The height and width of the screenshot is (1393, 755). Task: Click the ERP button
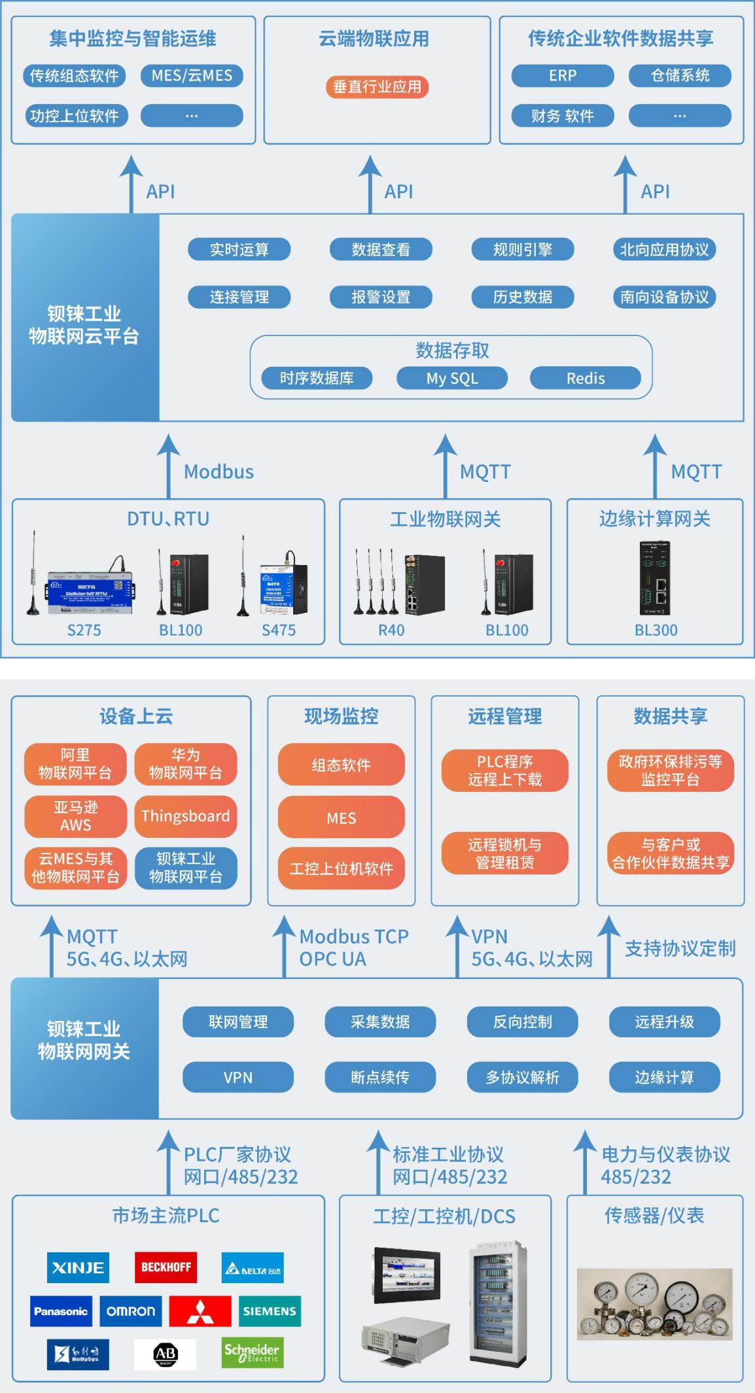pos(562,75)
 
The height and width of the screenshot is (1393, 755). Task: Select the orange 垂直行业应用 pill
pos(377,86)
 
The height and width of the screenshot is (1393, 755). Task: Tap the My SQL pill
pos(452,378)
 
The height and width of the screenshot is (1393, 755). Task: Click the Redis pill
pos(585,378)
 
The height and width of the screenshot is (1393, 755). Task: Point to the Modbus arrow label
pos(219,472)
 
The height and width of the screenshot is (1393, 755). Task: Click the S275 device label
pos(84,630)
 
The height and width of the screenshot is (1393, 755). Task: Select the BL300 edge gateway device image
pos(655,578)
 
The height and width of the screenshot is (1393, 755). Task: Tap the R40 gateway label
pos(391,630)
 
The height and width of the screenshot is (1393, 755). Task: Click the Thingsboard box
pos(185,816)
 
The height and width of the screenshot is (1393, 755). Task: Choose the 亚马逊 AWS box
pos(75,816)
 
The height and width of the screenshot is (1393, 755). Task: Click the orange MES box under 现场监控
pos(341,817)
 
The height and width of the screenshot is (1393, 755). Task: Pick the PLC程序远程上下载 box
pos(504,770)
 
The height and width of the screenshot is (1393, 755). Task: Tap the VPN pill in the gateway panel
pos(237,1077)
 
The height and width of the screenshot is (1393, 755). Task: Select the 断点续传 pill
pos(379,1077)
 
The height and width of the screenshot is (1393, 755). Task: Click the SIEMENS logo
pos(270,1311)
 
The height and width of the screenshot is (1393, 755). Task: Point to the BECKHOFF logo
pos(166,1267)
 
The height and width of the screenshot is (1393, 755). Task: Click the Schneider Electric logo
pos(251,1353)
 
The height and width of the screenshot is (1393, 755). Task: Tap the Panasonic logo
pos(61,1311)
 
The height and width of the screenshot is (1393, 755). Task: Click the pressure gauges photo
pos(654,1304)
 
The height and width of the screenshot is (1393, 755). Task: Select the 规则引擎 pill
pos(522,249)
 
